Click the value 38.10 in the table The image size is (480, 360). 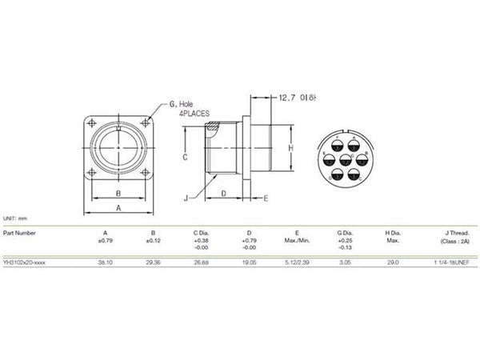(104, 262)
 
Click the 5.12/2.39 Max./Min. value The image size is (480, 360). (296, 262)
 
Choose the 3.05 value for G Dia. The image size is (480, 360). (345, 262)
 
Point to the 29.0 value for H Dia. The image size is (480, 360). (392, 262)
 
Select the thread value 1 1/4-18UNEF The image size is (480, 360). (450, 262)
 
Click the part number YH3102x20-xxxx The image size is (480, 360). (27, 262)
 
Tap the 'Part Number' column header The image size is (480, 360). (20, 233)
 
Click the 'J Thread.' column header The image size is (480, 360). (454, 233)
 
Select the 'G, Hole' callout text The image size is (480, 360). (182, 105)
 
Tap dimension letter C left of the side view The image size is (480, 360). (184, 158)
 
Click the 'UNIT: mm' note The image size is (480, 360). (16, 218)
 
